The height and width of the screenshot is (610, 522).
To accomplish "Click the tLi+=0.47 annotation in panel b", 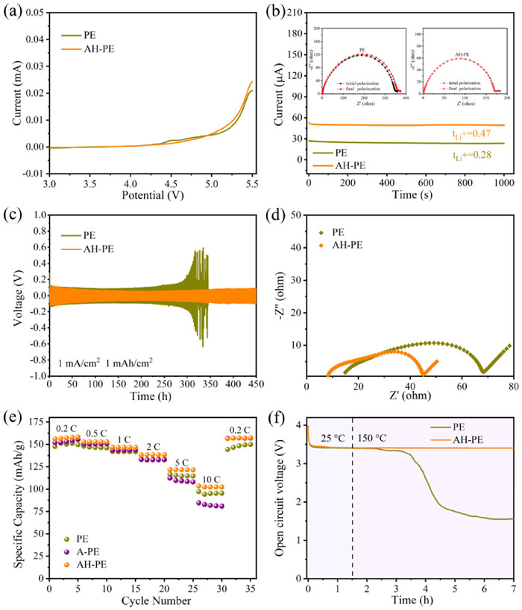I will click(474, 133).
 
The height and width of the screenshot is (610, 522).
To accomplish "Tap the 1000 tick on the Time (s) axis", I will click(504, 182).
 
